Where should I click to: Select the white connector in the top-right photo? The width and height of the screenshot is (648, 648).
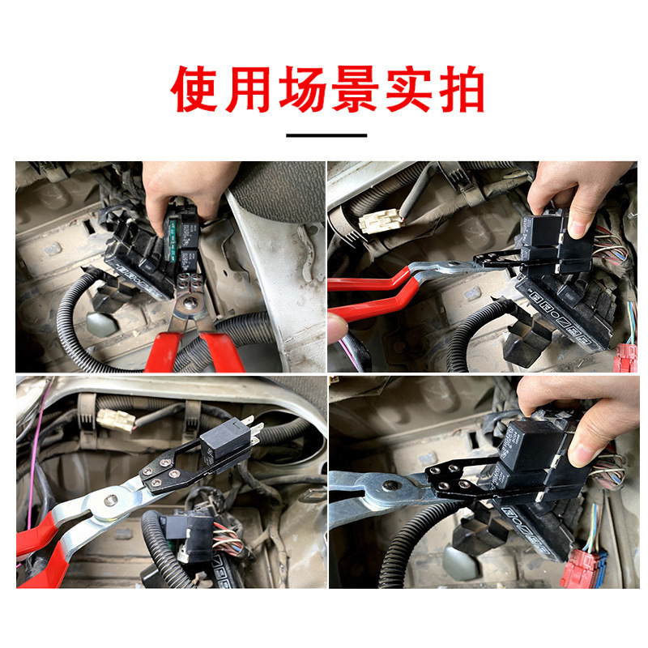tap(379, 220)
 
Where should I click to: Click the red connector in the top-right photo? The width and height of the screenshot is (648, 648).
tap(625, 357)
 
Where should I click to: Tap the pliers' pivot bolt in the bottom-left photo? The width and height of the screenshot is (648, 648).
tap(105, 510)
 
